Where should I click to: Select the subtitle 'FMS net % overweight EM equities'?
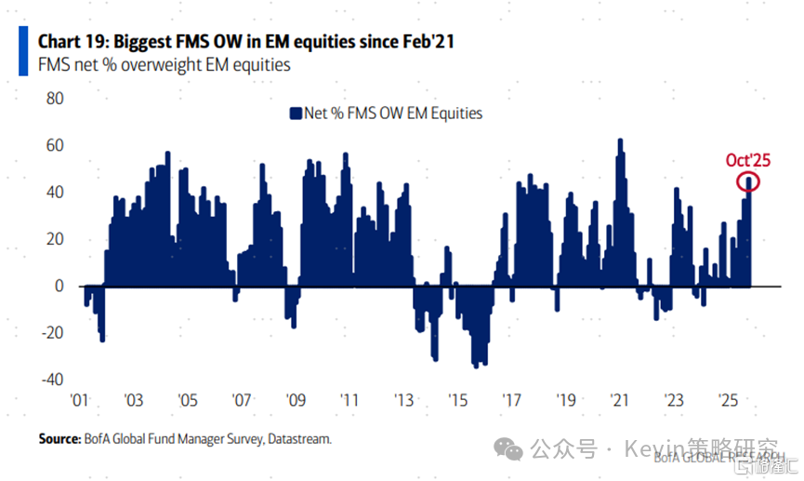[164, 65]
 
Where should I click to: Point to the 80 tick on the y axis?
[54, 99]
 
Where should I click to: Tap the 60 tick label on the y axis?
[54, 145]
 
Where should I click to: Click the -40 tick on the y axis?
[50, 380]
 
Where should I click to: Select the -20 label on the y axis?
[50, 333]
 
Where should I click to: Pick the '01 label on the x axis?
[80, 401]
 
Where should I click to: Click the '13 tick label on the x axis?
[404, 401]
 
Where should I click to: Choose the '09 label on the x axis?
[297, 401]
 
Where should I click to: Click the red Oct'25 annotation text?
[748, 159]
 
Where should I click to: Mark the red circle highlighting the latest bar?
[749, 181]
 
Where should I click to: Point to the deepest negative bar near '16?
[476, 366]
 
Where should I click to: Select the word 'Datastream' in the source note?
[298, 437]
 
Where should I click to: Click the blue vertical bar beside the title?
[23, 50]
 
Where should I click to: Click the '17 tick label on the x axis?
[512, 401]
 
